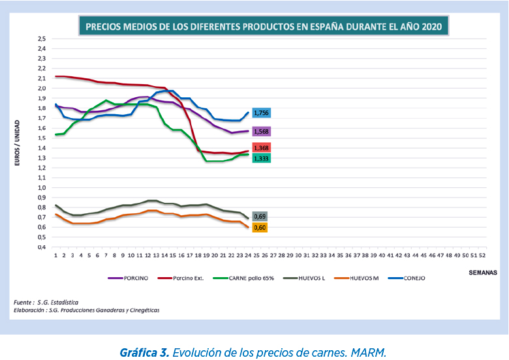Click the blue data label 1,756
coord(261,113)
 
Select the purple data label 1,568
coord(261,132)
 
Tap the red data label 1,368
coord(261,148)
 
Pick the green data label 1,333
coord(261,158)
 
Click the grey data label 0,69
coord(260,217)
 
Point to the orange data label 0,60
coord(260,228)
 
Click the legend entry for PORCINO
coord(128,278)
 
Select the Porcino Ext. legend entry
coord(181,278)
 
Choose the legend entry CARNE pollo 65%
coord(243,278)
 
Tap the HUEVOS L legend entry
coord(304,278)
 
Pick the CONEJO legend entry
coord(407,278)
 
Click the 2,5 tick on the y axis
coord(42,39)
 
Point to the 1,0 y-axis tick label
coord(42,188)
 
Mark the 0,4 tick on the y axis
coord(42,247)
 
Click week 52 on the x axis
coord(482,256)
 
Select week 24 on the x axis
coord(248,256)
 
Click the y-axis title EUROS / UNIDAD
coord(17,143)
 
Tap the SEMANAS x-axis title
coord(483,273)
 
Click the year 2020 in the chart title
coord(432,27)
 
